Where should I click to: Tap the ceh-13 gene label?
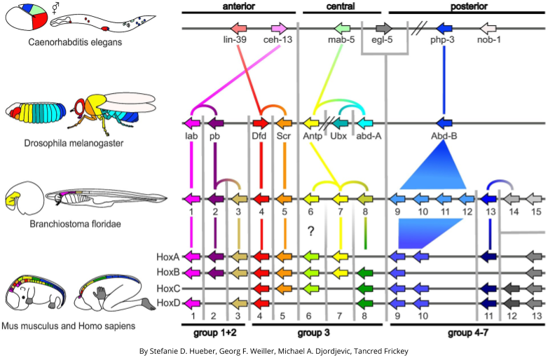click(278, 40)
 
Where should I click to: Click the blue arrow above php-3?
click(444, 28)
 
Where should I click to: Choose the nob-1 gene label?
click(488, 40)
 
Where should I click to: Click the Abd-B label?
click(445, 137)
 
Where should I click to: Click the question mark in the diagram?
click(309, 232)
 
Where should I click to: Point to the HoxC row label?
click(168, 288)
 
